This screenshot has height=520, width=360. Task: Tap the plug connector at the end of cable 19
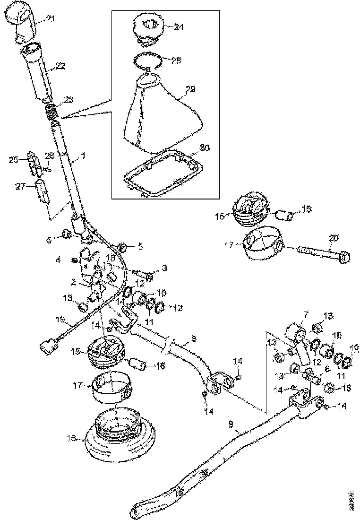[x=47, y=350]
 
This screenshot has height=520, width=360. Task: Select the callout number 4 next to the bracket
[x=58, y=260]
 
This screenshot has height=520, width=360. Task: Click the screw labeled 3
[x=144, y=274]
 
